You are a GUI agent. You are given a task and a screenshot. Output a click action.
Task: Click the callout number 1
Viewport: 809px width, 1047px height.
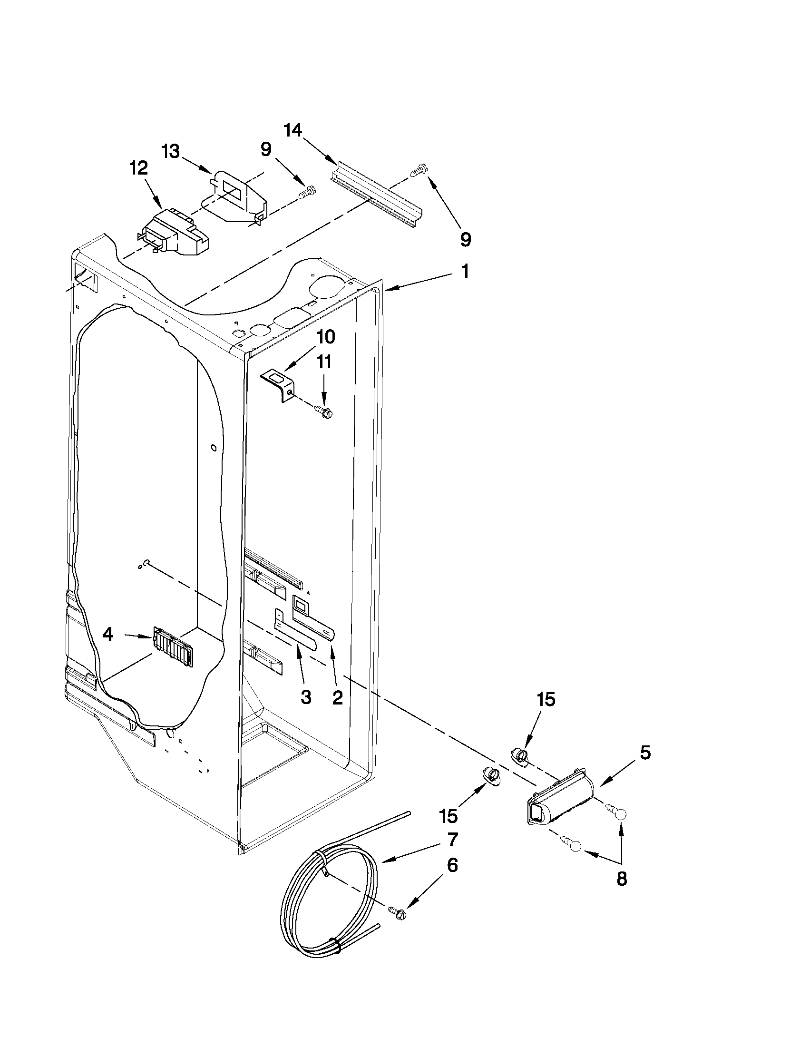465,271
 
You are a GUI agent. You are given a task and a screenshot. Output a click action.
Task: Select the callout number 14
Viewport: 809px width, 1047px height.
293,130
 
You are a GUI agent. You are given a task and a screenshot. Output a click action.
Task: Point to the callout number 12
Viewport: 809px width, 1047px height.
138,169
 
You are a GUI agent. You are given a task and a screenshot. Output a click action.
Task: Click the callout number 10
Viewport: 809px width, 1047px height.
325,337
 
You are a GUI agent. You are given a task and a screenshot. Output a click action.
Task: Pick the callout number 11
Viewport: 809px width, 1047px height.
324,362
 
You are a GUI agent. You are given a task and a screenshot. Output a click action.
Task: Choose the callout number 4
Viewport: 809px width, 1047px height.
108,635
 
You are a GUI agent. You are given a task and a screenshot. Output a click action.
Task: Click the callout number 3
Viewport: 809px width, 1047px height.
306,697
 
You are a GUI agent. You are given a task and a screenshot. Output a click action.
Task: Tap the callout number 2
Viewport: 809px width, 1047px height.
337,697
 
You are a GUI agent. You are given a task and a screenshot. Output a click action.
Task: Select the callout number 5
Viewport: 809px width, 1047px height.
645,753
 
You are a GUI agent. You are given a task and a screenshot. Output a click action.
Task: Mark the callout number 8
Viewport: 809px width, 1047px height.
622,879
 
